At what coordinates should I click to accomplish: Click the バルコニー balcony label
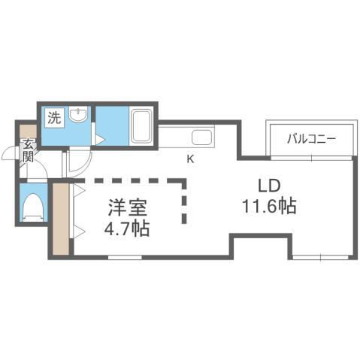click(x=309, y=138)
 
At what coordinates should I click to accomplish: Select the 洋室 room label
click(x=120, y=205)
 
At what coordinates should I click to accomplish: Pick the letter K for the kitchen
click(x=190, y=159)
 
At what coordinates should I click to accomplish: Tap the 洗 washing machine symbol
click(x=54, y=117)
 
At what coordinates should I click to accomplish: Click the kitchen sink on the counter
click(x=201, y=138)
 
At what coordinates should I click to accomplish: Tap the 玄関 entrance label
click(x=28, y=151)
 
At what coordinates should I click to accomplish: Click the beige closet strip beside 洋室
click(x=59, y=218)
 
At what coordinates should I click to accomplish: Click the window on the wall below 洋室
click(x=125, y=257)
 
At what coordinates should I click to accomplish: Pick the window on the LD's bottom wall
click(x=319, y=257)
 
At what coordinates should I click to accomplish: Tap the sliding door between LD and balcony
click(x=309, y=157)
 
